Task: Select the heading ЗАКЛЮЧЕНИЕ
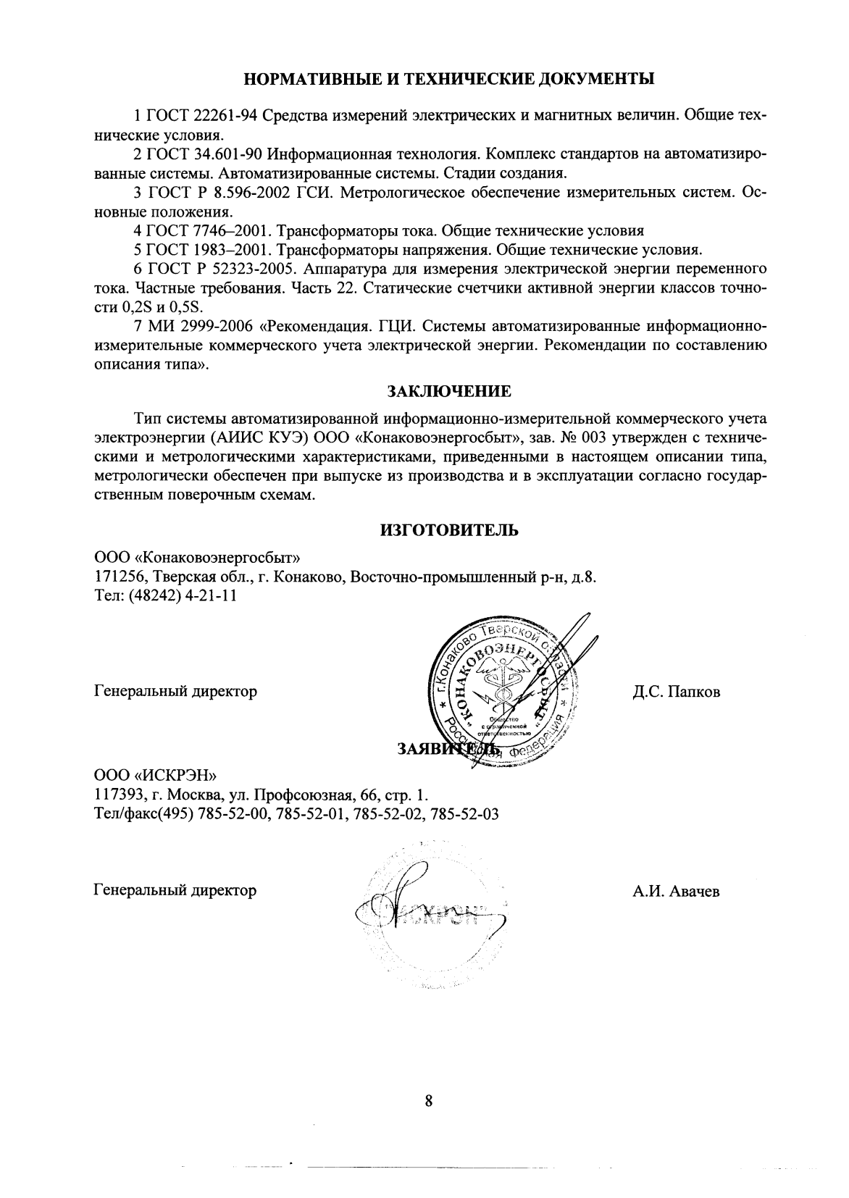(449, 392)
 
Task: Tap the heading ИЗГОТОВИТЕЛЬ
(449, 531)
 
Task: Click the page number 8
(428, 1101)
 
